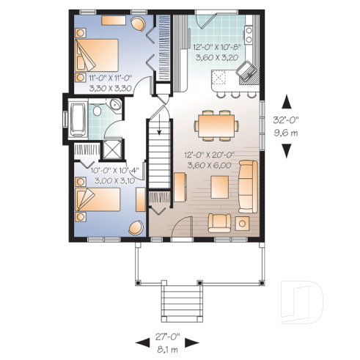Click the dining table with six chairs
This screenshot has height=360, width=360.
tap(216, 125)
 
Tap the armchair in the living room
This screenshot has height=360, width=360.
tap(219, 221)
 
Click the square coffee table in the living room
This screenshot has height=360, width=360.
tap(219, 188)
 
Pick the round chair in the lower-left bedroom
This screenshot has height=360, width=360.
tap(135, 228)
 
